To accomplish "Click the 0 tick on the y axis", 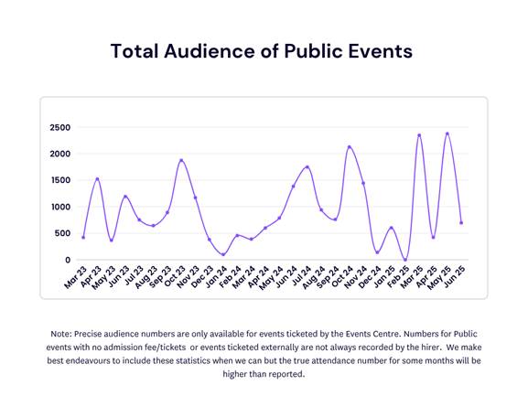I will click(67, 260).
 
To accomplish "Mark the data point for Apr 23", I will click(97, 179).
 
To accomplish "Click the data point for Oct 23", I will click(181, 160).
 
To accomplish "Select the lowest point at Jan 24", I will click(223, 255).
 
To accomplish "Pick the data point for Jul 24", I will click(307, 167).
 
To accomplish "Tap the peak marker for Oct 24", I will click(349, 146).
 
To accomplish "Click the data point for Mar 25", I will click(419, 135).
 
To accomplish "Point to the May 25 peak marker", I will click(447, 134).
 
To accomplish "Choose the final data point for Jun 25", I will click(461, 223).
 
